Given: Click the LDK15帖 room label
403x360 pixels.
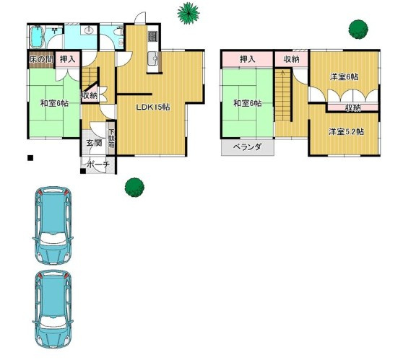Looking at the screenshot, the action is click(x=152, y=107).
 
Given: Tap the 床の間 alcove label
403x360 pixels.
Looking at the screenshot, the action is click(x=41, y=59).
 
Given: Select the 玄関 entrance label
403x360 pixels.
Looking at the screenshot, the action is click(x=94, y=143).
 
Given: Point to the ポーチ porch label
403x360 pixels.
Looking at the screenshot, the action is click(x=99, y=164).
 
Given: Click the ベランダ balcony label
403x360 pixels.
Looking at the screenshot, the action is click(x=247, y=147).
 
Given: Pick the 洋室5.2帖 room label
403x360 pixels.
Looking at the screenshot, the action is click(x=346, y=132).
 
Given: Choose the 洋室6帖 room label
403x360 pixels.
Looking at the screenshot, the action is click(x=344, y=76).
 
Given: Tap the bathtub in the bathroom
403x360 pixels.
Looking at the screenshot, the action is click(x=37, y=37).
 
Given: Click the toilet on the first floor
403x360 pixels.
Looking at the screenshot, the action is click(x=118, y=32).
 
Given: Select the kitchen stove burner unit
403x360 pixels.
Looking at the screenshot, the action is click(x=152, y=36).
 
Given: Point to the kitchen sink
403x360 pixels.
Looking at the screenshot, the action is click(x=153, y=58).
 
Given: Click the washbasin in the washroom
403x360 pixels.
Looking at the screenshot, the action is click(x=88, y=30).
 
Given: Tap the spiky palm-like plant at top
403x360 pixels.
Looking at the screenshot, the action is click(x=188, y=13).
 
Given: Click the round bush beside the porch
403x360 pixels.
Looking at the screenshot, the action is click(x=134, y=187).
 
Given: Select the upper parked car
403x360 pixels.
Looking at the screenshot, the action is click(x=53, y=225).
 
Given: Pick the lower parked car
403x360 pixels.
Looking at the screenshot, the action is click(x=53, y=309).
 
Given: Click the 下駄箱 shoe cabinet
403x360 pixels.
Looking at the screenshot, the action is click(x=111, y=139).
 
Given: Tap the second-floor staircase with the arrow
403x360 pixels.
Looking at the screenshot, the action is click(x=283, y=95).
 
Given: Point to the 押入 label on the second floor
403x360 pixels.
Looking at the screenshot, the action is click(x=247, y=59).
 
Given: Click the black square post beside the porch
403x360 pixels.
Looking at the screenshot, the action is click(x=83, y=171).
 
